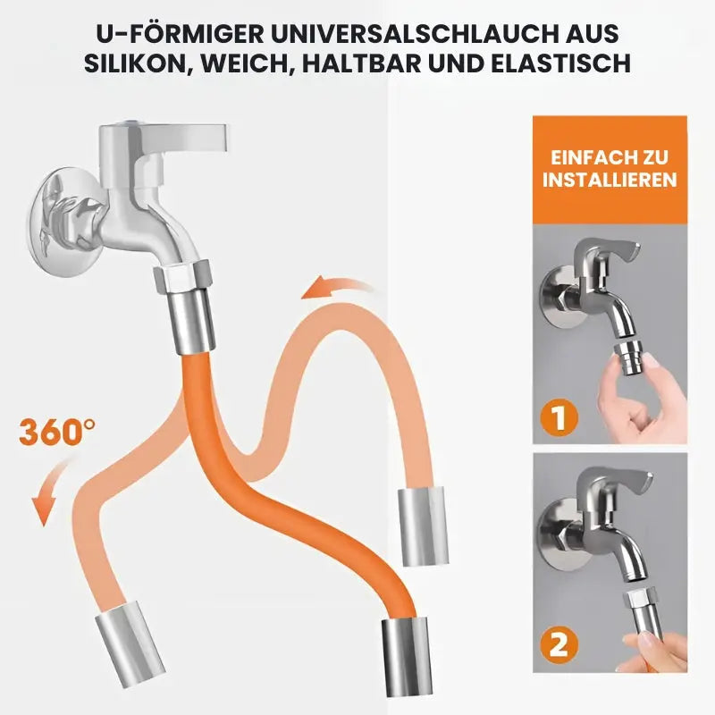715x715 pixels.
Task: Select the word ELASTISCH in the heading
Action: pyautogui.click(x=561, y=63)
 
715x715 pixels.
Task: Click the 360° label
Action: pyautogui.click(x=57, y=432)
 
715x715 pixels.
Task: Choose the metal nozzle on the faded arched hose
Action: pyautogui.click(x=423, y=526)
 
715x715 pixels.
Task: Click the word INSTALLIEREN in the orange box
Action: pyautogui.click(x=610, y=180)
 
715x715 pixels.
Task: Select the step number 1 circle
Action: pyautogui.click(x=559, y=417)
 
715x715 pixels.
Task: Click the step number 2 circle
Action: pyautogui.click(x=559, y=644)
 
